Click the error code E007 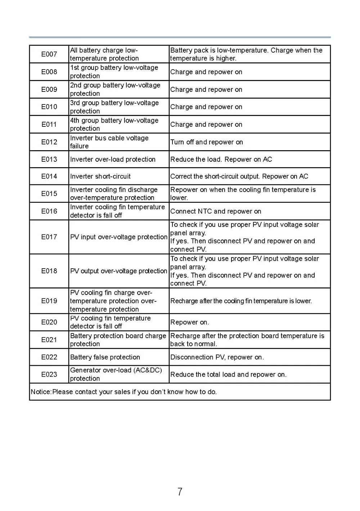pos(49,54)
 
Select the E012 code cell pos(49,142)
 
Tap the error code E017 pos(49,237)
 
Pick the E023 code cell pos(49,375)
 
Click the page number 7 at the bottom pos(180,492)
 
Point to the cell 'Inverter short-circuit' pos(100,176)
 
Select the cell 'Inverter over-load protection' pos(113,160)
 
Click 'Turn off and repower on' pos(207,142)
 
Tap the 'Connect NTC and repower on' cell pos(216,211)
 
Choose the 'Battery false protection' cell pos(105,357)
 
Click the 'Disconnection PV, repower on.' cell pos(217,357)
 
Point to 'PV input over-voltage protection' pos(119,237)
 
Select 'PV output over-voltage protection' pos(119,271)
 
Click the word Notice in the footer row pos(41,392)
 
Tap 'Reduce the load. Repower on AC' pos(221,160)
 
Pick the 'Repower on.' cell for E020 pos(189,322)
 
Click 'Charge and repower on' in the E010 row pos(206,107)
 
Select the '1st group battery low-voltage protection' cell pos(114,72)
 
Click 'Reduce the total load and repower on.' pos(228,375)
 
